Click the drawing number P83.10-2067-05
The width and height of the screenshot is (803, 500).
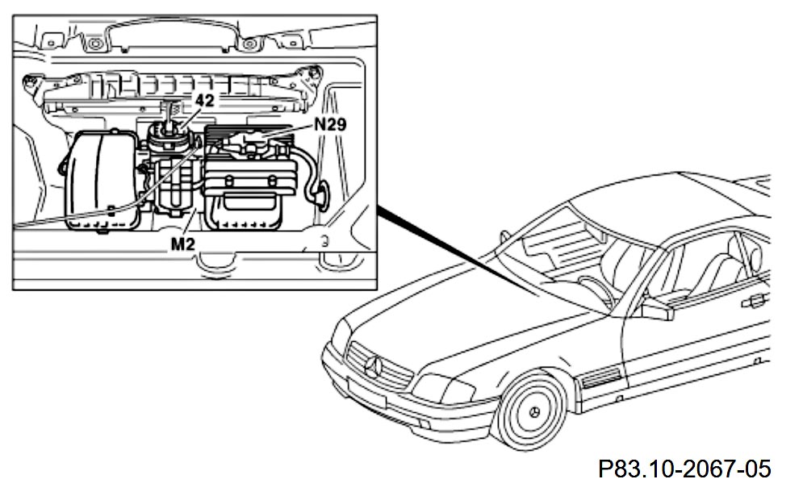pyautogui.click(x=684, y=469)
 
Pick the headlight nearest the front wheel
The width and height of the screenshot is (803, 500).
pyautogui.click(x=442, y=390)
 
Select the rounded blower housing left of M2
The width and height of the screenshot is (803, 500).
pyautogui.click(x=102, y=181)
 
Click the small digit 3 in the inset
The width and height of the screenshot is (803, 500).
pyautogui.click(x=323, y=240)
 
